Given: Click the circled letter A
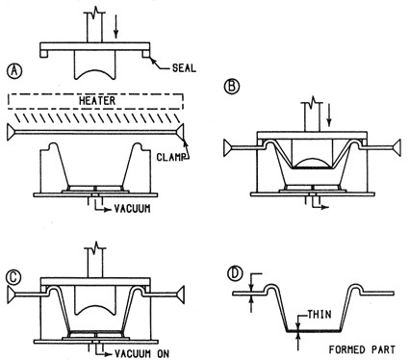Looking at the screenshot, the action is click(14, 70).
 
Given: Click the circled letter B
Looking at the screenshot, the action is click(232, 86).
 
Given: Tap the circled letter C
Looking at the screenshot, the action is click(14, 278).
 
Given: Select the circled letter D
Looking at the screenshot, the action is click(235, 273).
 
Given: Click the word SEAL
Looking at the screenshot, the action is click(184, 68).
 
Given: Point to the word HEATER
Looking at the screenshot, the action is click(97, 101).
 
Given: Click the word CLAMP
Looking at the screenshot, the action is click(170, 157).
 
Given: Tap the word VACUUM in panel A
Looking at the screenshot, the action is click(132, 209).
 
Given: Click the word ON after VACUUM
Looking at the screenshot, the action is click(163, 353).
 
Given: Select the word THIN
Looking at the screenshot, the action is click(320, 314).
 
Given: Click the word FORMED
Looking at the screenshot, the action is click(346, 349).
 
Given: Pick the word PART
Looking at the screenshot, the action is click(383, 349).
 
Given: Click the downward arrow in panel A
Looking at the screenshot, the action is click(116, 26).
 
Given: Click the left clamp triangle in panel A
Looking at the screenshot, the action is click(11, 132).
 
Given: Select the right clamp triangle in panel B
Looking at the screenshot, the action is click(397, 148).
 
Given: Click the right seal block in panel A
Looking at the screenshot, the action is click(146, 54).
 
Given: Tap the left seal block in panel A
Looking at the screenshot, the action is click(44, 54).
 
